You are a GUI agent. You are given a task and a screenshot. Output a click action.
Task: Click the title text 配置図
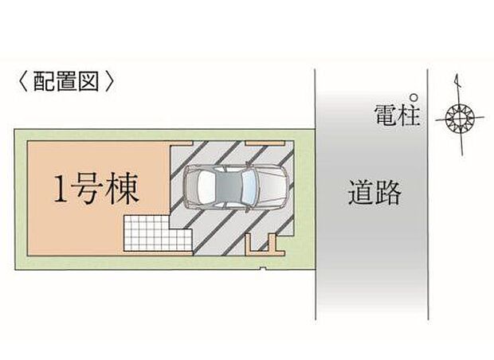tap(66, 81)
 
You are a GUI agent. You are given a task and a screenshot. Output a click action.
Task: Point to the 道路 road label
tap(374, 192)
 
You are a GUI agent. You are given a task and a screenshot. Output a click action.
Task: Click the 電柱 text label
tap(397, 115)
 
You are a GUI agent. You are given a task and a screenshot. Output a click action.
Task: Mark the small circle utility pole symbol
tap(414, 98)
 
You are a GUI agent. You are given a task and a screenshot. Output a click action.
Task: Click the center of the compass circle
tap(460, 119)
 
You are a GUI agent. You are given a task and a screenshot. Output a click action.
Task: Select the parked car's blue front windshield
tap(249, 187)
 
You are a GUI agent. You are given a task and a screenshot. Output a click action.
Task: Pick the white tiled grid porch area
tap(158, 233)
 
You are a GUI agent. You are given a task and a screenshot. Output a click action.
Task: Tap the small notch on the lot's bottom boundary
tap(263, 268)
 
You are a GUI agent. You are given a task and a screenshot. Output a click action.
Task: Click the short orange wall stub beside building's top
tap(182, 143)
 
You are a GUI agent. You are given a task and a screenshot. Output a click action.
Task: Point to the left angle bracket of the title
tap(24, 81)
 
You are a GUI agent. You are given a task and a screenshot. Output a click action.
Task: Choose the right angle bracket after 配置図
tap(109, 81)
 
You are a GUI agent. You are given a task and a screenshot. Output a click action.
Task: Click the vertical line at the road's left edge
tap(316, 194)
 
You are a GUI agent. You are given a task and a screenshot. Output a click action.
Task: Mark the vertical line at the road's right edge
tap(428, 194)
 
